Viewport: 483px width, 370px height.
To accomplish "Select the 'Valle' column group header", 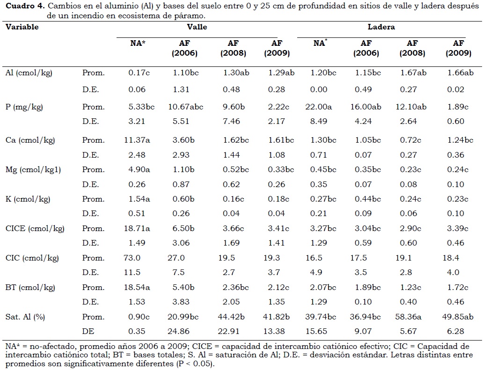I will point(197,27).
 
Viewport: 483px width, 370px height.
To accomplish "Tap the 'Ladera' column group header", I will point(381,27).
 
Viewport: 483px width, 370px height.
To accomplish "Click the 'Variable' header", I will point(22,27).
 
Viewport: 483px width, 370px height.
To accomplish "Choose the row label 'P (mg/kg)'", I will point(24,107).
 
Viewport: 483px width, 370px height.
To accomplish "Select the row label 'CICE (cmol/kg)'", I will point(35,228).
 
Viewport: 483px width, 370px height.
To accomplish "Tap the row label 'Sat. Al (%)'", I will point(25,317).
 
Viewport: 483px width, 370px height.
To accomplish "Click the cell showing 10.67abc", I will point(186,107).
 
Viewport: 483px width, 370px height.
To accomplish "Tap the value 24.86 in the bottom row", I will point(181,331).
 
